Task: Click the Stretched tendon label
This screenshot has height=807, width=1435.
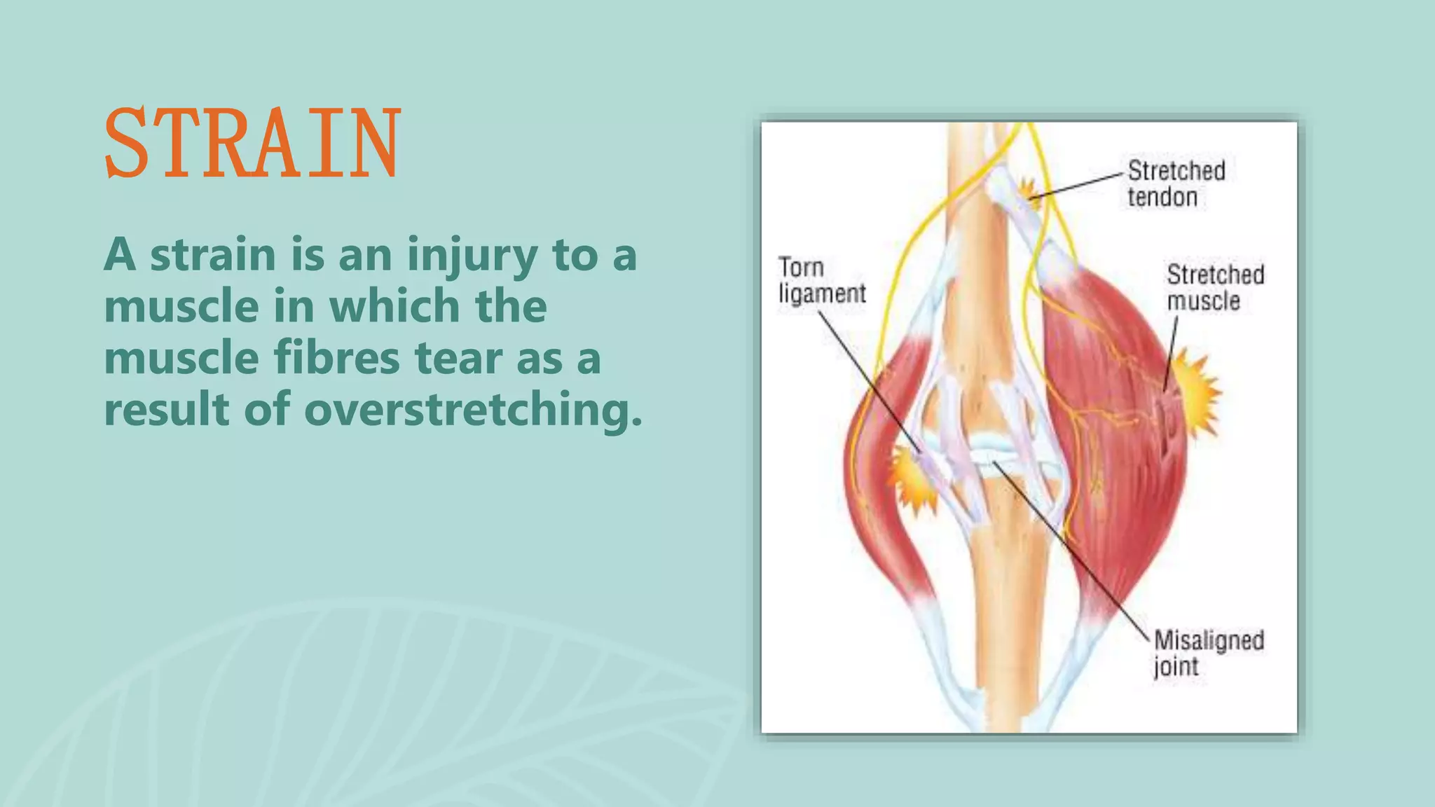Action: pos(1176,184)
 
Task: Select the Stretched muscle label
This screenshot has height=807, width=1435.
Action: pos(1215,287)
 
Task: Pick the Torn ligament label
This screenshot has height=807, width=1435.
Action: pos(822,280)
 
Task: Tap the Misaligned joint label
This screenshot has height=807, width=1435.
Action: pos(1209,653)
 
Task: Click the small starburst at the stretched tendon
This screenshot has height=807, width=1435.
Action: pos(1027,190)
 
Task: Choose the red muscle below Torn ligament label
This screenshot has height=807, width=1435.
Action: pos(876,490)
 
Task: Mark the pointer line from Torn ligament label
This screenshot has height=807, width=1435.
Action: pos(869,382)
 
